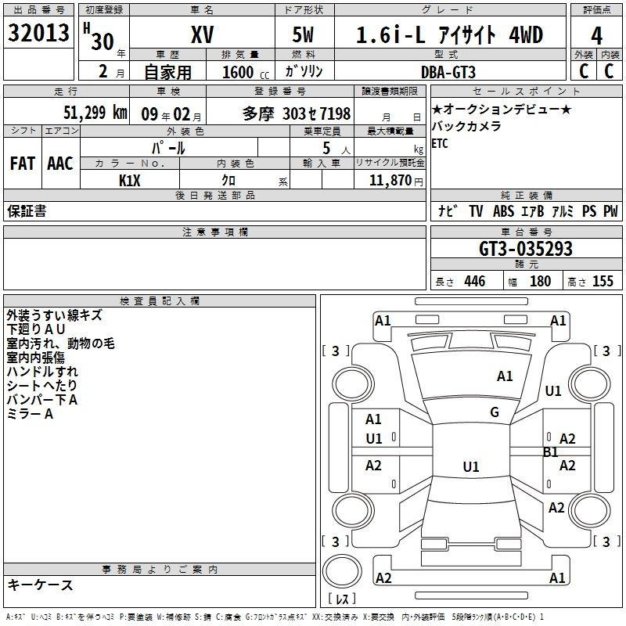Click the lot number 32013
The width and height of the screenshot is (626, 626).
click(38, 33)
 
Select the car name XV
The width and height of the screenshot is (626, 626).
click(203, 34)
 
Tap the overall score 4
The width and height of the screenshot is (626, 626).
click(596, 36)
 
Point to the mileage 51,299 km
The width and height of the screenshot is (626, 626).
click(95, 113)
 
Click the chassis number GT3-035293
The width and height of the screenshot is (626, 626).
click(526, 249)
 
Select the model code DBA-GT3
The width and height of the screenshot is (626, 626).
click(448, 72)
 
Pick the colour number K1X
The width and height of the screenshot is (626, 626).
click(130, 181)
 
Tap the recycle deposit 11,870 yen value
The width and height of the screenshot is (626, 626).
click(396, 181)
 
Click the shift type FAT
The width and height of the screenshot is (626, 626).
click(23, 164)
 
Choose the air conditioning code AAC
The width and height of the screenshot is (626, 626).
click(60, 164)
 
